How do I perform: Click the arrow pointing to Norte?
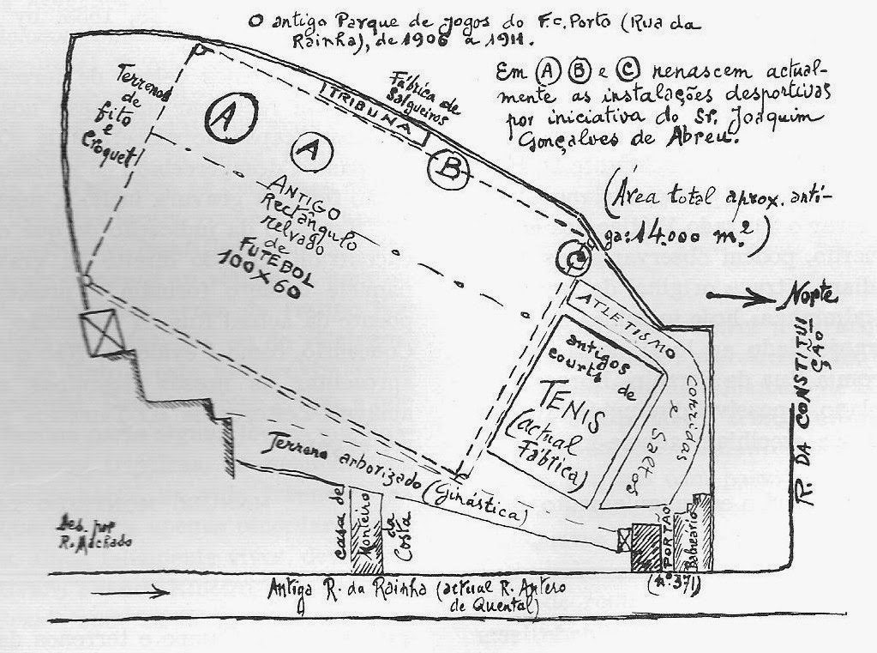coord(742,297)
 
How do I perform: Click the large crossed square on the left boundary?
coord(100,334)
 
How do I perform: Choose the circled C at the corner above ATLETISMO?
coord(575,256)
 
